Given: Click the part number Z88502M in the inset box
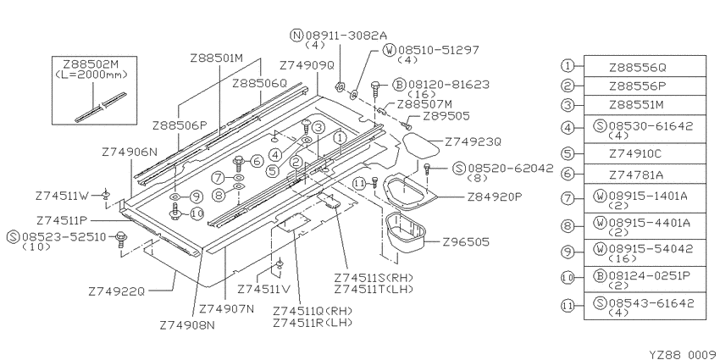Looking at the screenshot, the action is point(94,64).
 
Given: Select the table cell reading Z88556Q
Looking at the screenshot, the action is point(645,67).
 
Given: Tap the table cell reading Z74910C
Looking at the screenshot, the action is point(645,153).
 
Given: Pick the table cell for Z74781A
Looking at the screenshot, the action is point(645,174).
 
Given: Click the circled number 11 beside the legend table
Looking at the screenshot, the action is point(568,305).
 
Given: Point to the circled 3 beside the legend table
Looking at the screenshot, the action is point(568,105).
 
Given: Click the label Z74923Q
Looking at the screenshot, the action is point(473,142).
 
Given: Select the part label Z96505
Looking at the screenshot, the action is point(466,241).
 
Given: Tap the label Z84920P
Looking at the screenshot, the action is point(495,197).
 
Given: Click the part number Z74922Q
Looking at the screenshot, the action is point(116,291).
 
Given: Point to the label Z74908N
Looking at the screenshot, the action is point(187,325).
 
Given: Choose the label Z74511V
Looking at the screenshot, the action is point(264,290).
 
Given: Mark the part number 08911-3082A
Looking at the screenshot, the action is point(346,35).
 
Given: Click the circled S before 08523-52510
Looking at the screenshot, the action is point(14,237).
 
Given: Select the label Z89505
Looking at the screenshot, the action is point(446,116).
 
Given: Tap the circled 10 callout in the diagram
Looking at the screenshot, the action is point(197,214).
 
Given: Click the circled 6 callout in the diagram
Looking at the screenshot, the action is point(257,161).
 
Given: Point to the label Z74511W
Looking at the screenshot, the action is point(62,196).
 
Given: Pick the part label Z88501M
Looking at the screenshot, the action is point(216,58).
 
